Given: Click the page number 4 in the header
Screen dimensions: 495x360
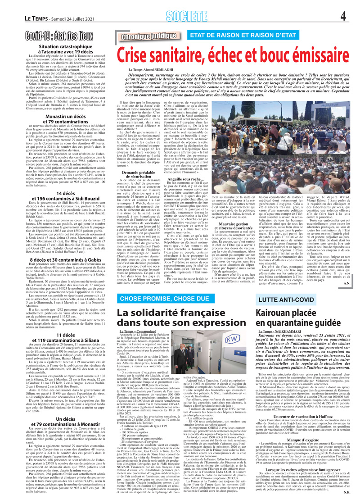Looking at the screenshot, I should click(x=343, y=17).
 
